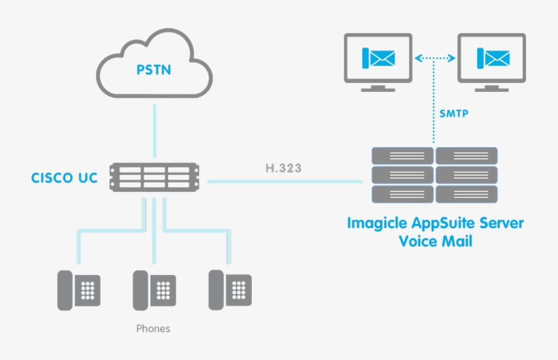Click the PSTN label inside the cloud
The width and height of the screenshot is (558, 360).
click(153, 69)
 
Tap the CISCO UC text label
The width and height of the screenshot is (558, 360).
click(64, 178)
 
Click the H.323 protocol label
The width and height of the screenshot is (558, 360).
click(284, 167)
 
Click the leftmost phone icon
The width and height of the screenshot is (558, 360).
click(78, 290)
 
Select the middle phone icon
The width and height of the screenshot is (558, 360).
click(154, 290)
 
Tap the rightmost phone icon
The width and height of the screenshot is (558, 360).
click(229, 290)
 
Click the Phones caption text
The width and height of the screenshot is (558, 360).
click(153, 329)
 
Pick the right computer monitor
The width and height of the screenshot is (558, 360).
click(491, 61)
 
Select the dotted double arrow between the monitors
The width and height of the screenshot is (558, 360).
click(435, 59)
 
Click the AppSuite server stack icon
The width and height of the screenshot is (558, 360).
click(435, 174)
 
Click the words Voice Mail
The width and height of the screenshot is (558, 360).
click(435, 240)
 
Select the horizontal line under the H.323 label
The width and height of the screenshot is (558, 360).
click(284, 181)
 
